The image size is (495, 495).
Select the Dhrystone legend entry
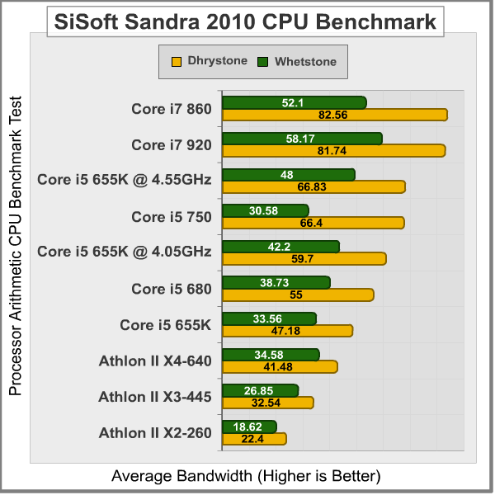pos(210,61)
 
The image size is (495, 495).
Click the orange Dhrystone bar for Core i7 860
pos(335,115)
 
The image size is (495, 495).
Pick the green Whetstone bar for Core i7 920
pos(302,139)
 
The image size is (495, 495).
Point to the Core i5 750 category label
pos(172,217)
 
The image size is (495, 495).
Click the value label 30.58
pos(265,210)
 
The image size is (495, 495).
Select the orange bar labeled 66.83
pos(313,187)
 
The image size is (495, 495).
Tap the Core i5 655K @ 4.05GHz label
pos(125,252)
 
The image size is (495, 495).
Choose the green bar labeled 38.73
pos(276,282)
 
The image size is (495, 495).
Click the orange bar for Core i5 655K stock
pos(288,331)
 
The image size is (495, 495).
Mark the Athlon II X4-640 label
pos(155,361)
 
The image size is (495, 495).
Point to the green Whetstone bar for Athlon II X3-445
pos(261,390)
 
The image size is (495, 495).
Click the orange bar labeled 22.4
pos(254,439)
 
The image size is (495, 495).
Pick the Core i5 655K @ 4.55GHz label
pos(125,180)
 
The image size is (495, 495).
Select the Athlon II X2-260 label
pos(155,432)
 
